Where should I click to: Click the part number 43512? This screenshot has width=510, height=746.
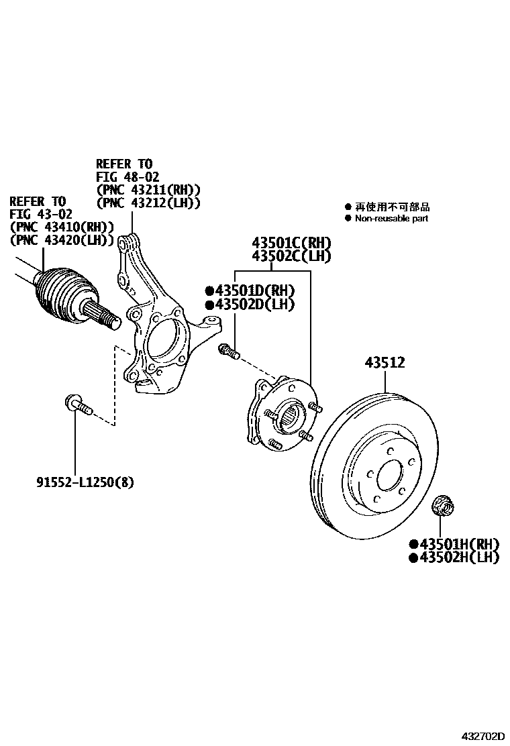click(x=385, y=363)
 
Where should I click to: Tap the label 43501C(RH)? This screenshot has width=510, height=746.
click(x=292, y=243)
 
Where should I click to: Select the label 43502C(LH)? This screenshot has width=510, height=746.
click(x=292, y=256)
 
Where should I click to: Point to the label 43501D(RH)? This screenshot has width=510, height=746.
click(x=251, y=290)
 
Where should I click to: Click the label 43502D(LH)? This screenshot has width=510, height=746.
click(x=251, y=305)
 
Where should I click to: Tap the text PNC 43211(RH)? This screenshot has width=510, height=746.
click(x=149, y=190)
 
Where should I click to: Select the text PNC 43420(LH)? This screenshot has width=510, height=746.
click(x=62, y=239)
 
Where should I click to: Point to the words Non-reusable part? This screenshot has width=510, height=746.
click(x=391, y=219)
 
